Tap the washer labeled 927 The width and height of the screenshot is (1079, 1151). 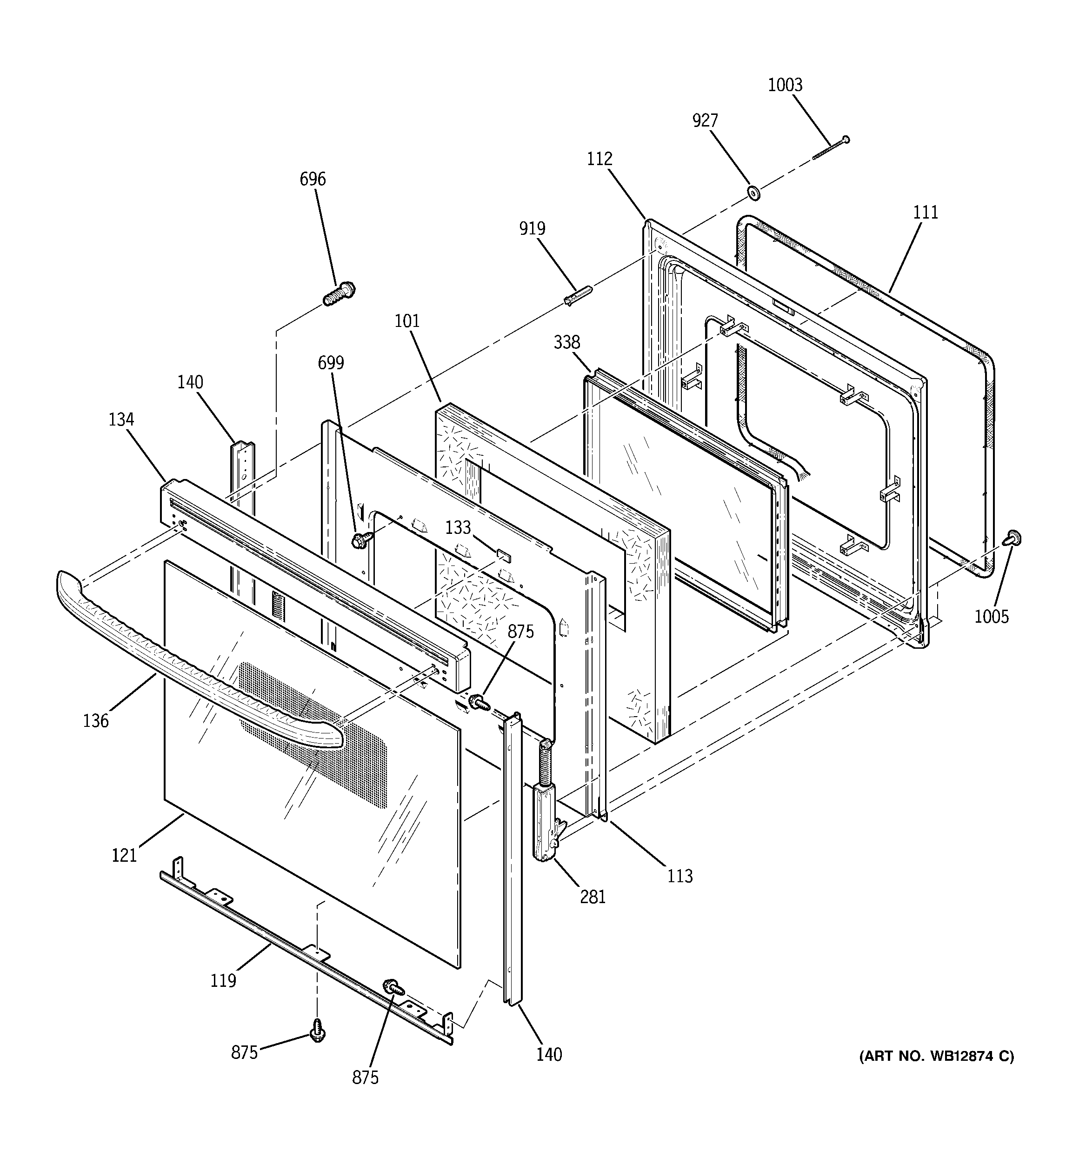tap(753, 192)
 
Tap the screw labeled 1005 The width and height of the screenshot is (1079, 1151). tap(1013, 538)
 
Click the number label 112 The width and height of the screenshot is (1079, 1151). tap(599, 159)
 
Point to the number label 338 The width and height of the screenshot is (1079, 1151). tap(566, 342)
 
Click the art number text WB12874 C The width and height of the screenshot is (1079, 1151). tap(936, 1057)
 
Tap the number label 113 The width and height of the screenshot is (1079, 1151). tap(679, 876)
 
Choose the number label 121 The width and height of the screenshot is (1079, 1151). tap(124, 855)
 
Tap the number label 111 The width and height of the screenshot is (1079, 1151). tap(926, 213)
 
